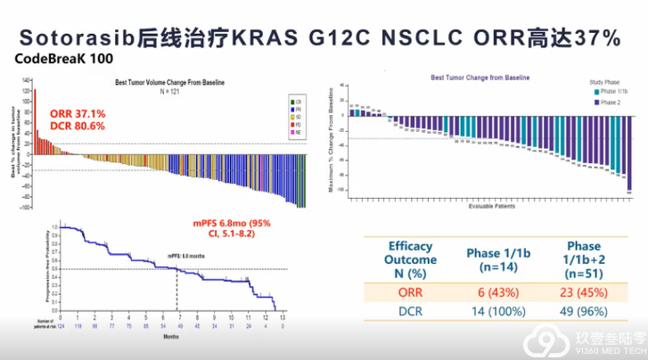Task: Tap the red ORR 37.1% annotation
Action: [x=78, y=114]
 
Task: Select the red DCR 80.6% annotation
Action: [x=78, y=127]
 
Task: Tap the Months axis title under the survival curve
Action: [x=169, y=337]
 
